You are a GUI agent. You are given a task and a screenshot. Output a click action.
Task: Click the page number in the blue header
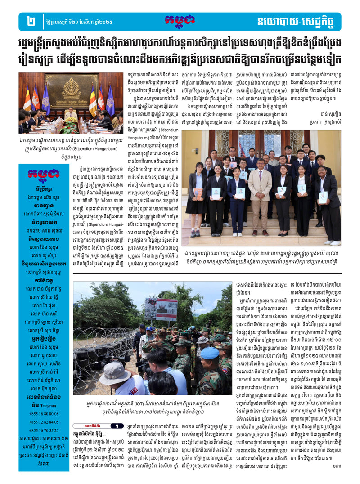31,21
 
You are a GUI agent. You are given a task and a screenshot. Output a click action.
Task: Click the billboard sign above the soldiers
161,309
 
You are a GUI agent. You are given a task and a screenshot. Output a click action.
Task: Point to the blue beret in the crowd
212,353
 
